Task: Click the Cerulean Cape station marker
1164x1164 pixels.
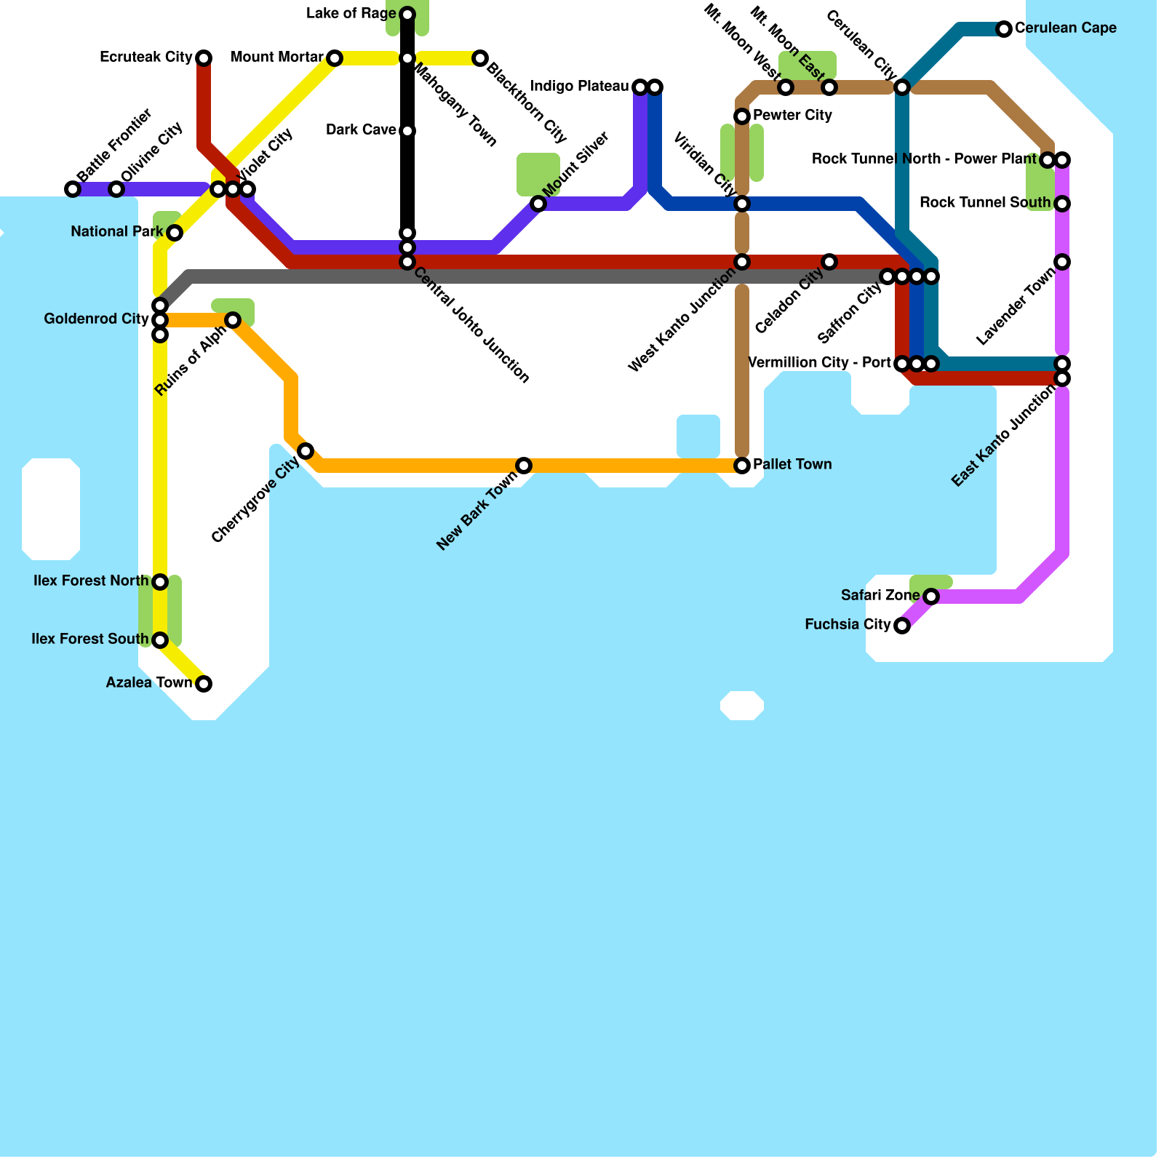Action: pyautogui.click(x=1004, y=29)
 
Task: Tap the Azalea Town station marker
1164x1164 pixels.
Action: pyautogui.click(x=204, y=684)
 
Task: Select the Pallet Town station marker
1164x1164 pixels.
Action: pyautogui.click(x=742, y=466)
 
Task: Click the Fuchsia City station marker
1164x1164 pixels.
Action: pyautogui.click(x=902, y=626)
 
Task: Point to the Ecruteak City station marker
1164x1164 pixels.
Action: pyautogui.click(x=204, y=58)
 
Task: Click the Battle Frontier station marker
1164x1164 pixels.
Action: pyautogui.click(x=73, y=189)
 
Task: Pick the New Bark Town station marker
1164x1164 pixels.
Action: pyautogui.click(x=524, y=466)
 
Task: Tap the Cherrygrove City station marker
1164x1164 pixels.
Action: pyautogui.click(x=306, y=451)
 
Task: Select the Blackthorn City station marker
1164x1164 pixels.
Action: pyautogui.click(x=480, y=58)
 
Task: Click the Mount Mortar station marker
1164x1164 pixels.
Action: pyautogui.click(x=335, y=58)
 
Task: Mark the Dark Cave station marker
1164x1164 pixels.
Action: pyautogui.click(x=407, y=131)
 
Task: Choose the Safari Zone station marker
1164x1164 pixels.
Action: pyautogui.click(x=931, y=597)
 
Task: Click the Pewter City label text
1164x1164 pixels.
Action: pyautogui.click(x=792, y=116)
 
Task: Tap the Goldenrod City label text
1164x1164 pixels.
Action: pyautogui.click(x=96, y=319)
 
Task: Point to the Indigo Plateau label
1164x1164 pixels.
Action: pyautogui.click(x=580, y=87)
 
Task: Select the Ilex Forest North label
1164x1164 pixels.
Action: pyautogui.click(x=91, y=581)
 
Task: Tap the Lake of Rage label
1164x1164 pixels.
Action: pyautogui.click(x=351, y=14)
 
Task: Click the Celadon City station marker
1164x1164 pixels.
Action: pyautogui.click(x=829, y=262)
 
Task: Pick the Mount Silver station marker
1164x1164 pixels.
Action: pyautogui.click(x=538, y=204)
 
